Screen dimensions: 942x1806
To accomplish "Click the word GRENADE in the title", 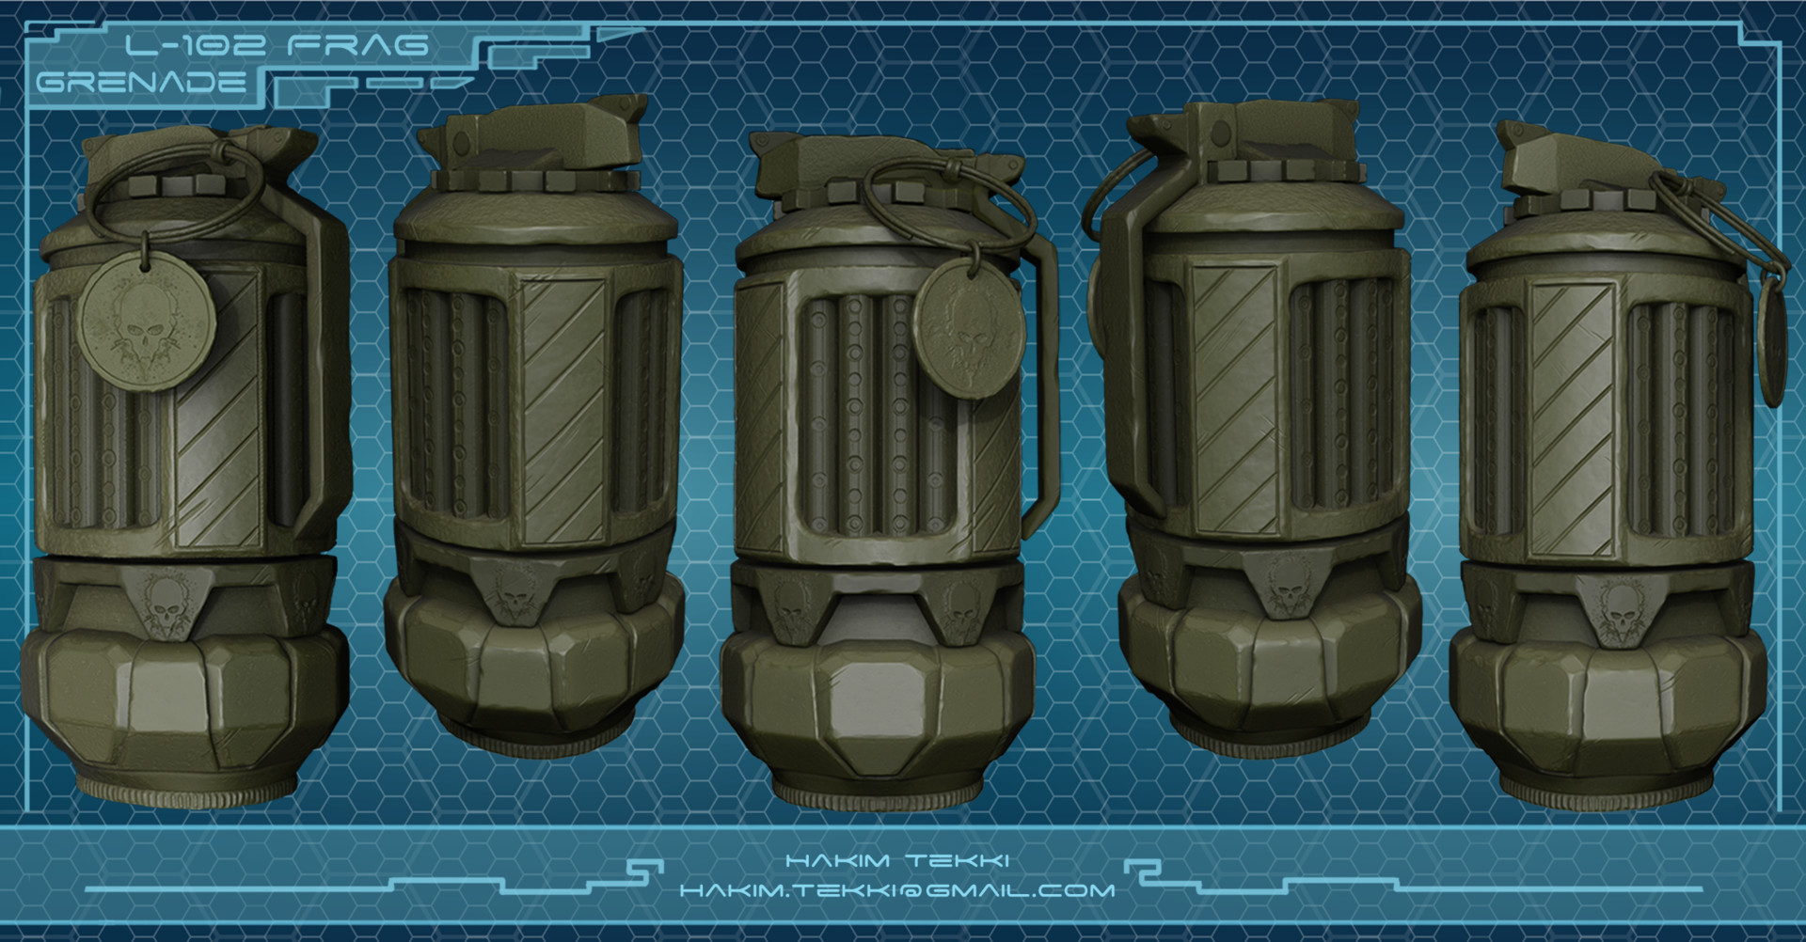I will (141, 82).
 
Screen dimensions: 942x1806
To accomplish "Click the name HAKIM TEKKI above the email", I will (896, 860).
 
